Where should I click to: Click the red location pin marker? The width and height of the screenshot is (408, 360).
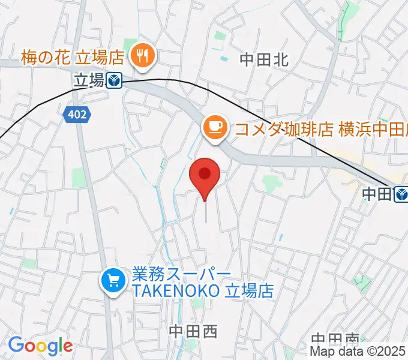205,175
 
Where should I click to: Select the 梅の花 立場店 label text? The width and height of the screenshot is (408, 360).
71,58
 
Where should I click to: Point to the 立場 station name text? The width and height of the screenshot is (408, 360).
89,80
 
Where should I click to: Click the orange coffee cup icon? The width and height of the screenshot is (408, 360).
214,128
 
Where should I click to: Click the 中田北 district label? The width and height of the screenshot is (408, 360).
264,59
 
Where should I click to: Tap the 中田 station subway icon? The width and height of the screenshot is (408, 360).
401,193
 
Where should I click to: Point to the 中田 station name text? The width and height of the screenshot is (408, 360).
377,193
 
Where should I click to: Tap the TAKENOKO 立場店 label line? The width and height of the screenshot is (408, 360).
203,291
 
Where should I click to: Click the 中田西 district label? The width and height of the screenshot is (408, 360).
193,331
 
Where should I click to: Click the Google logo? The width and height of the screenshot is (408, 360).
40,346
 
